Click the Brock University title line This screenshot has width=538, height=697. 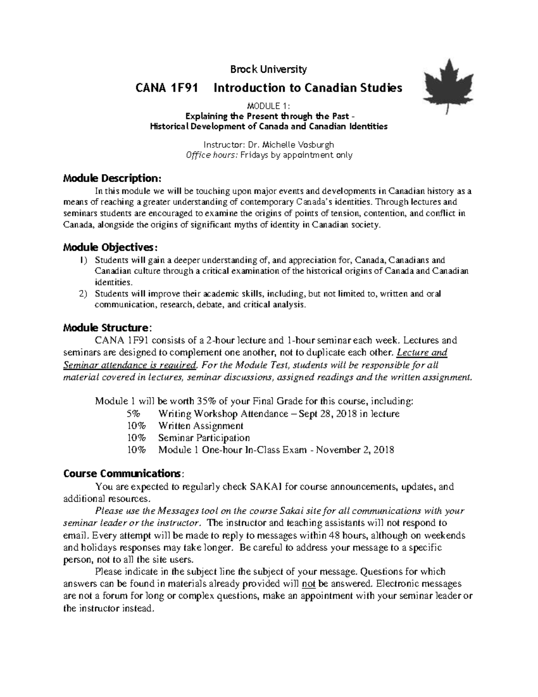(268, 69)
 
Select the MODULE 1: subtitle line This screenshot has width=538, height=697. (269, 106)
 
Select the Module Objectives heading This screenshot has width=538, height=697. (110, 248)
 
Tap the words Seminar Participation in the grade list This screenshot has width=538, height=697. (204, 438)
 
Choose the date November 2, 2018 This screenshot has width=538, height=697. (355, 450)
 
